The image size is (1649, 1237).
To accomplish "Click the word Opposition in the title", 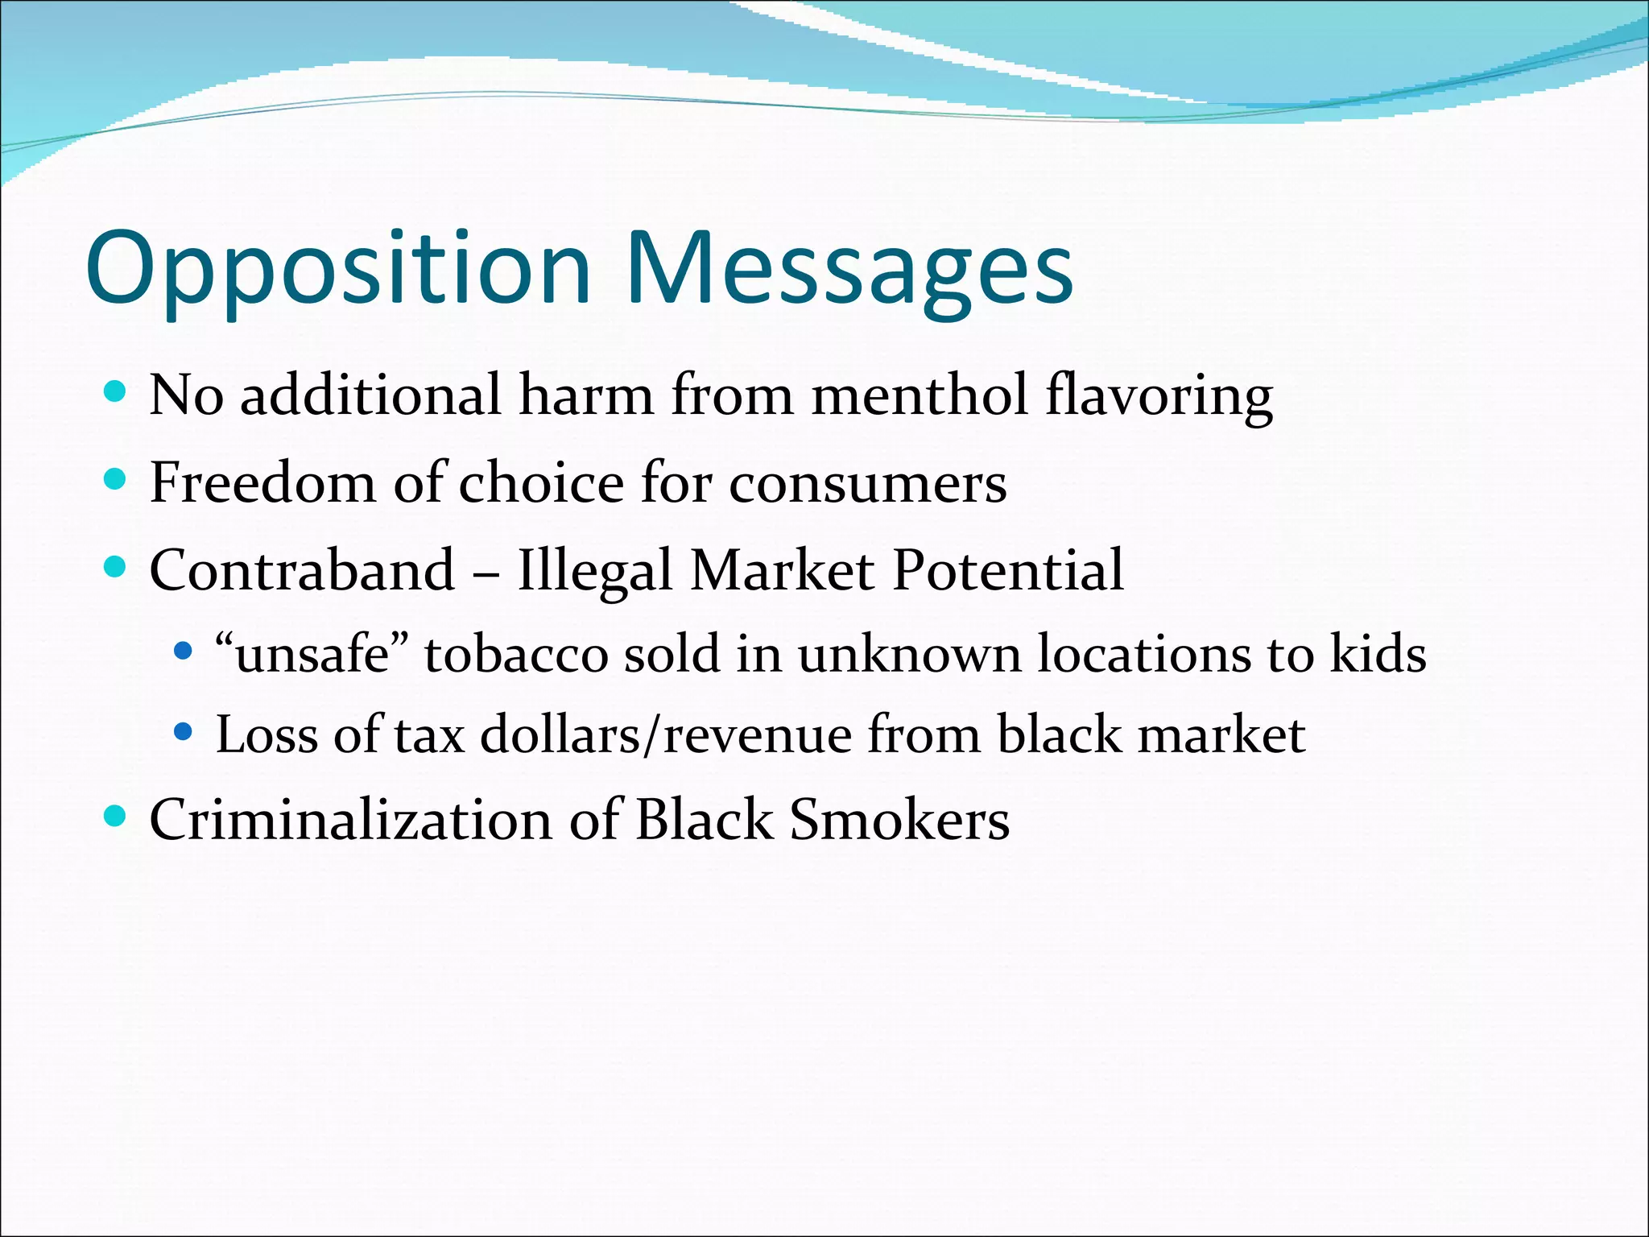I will pos(338,270).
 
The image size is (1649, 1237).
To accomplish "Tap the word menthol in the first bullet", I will pos(919,395).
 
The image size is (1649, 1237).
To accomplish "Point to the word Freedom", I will pos(262,483).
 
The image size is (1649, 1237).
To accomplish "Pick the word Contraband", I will pos(302,570).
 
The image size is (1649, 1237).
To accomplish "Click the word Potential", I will pos(1008,570).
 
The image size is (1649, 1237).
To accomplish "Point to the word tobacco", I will pos(516,653).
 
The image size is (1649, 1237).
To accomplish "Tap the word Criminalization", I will pos(351,820).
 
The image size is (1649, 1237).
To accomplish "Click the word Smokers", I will pos(899,820).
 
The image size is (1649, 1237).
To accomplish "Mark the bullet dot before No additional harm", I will pos(116,392).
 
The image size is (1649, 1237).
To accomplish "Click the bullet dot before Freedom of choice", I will pos(116,480).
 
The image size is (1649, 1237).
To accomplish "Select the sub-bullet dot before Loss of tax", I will pos(184,731).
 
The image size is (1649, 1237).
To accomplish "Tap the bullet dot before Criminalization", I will pos(116,817).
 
